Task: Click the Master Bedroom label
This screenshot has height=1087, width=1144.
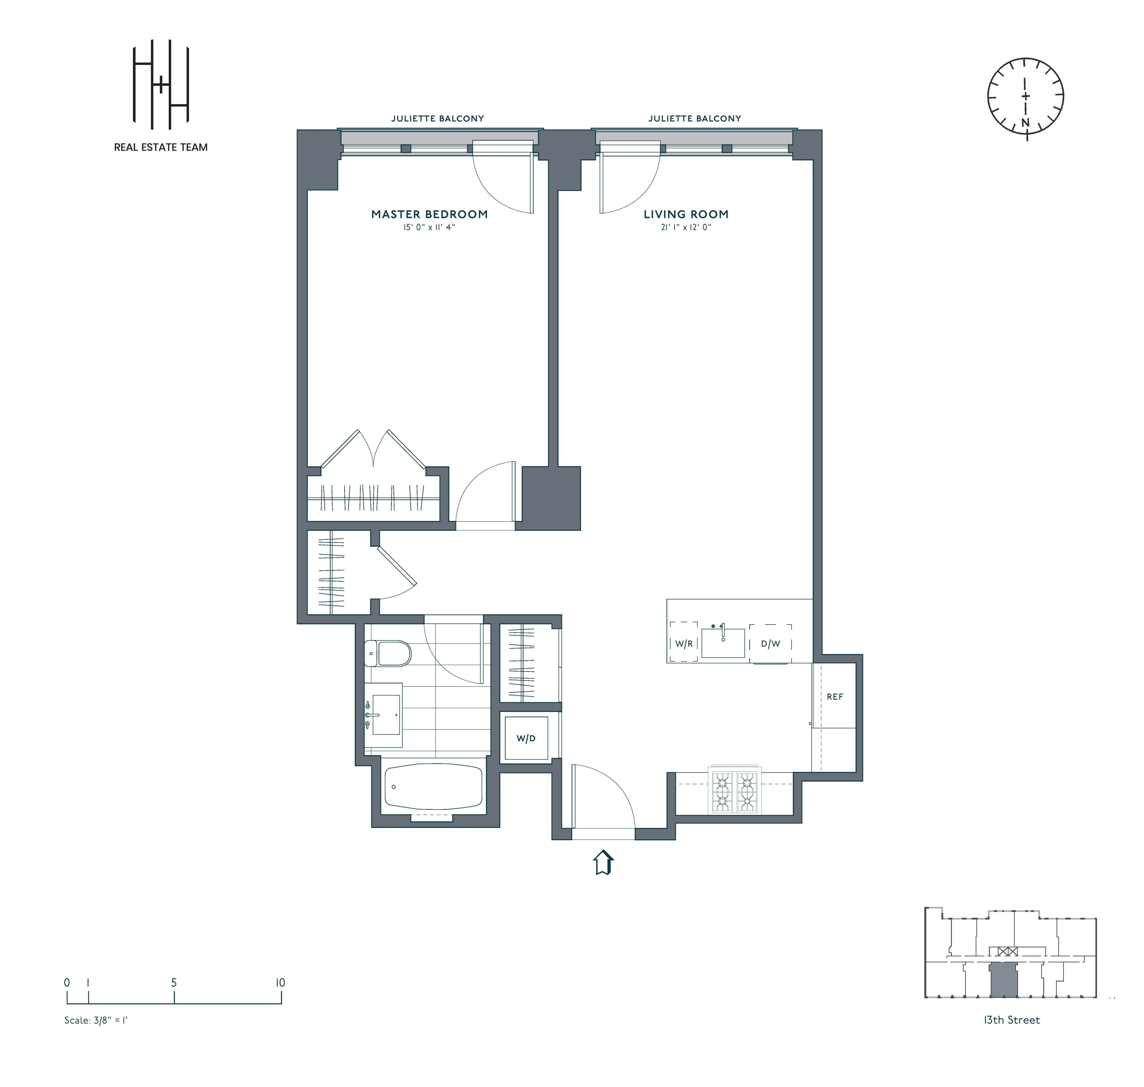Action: pos(429,214)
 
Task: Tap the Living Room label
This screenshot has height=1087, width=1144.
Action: pos(686,214)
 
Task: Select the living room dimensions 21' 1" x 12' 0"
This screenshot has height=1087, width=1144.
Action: pos(686,228)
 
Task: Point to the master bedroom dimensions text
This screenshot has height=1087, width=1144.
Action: pos(429,228)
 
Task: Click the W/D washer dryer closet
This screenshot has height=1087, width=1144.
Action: pos(526,738)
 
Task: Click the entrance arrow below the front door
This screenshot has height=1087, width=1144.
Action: pos(603,862)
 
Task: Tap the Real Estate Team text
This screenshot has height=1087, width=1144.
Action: pos(160,147)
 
